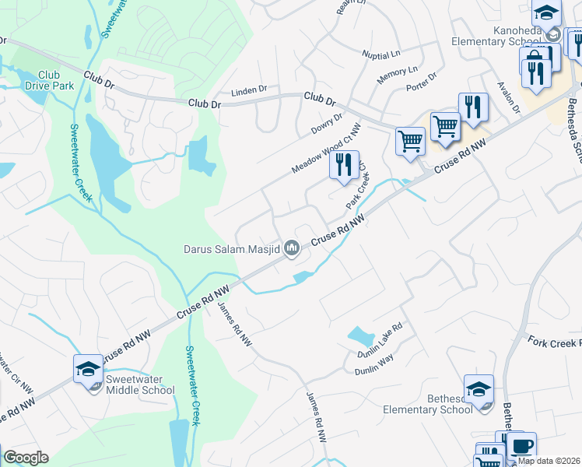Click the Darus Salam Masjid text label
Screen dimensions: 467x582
(x=231, y=249)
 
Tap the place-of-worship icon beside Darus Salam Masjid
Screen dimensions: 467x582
(x=293, y=248)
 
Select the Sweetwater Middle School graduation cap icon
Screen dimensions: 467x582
(x=89, y=368)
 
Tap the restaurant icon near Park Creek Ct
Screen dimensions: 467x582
(x=343, y=165)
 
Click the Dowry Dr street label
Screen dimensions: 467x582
(x=328, y=125)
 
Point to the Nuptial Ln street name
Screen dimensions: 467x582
(x=380, y=54)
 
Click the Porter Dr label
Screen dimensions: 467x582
(x=421, y=82)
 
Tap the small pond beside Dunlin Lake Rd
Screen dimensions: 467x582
(x=359, y=336)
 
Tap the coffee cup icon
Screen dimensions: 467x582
(x=522, y=445)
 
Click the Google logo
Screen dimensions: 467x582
(x=26, y=458)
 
